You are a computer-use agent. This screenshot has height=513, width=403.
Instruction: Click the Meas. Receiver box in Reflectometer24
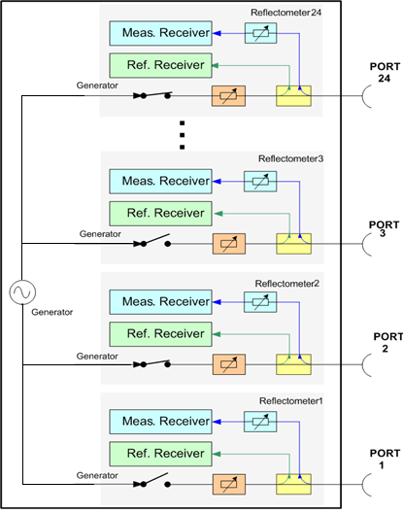[x=160, y=33]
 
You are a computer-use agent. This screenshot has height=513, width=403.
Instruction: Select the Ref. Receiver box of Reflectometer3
[x=160, y=214]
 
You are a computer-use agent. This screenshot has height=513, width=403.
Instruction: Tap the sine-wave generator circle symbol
[x=22, y=292]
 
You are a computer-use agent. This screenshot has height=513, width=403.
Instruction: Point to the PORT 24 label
[x=385, y=72]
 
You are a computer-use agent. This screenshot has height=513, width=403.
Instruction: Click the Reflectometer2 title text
[x=286, y=284]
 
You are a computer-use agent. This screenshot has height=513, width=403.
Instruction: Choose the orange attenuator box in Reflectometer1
[x=229, y=484]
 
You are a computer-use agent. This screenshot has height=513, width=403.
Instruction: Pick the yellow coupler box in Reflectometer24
[x=293, y=96]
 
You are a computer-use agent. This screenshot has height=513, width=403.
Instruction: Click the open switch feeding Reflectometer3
[x=152, y=241]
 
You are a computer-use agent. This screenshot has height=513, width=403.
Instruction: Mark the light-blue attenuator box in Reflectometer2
[x=260, y=302]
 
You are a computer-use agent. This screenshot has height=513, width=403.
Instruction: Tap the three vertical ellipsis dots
[x=183, y=135]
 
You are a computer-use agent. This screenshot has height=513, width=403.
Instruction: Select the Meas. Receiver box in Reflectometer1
[x=160, y=422]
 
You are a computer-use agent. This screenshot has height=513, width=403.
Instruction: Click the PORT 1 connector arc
[x=364, y=485]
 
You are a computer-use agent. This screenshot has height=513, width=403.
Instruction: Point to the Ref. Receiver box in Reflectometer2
[x=160, y=334]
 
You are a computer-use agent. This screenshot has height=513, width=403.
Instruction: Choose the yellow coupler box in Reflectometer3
[x=293, y=244]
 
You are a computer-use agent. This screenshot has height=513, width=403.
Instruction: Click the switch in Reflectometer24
[x=152, y=95]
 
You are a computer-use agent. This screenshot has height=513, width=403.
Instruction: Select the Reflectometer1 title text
[x=290, y=400]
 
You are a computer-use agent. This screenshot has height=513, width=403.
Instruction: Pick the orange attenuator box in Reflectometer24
[x=228, y=96]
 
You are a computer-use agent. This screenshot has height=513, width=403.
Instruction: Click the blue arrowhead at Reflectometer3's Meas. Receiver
[x=217, y=182]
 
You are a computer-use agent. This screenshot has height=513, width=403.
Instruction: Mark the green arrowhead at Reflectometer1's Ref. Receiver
[x=217, y=454]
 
